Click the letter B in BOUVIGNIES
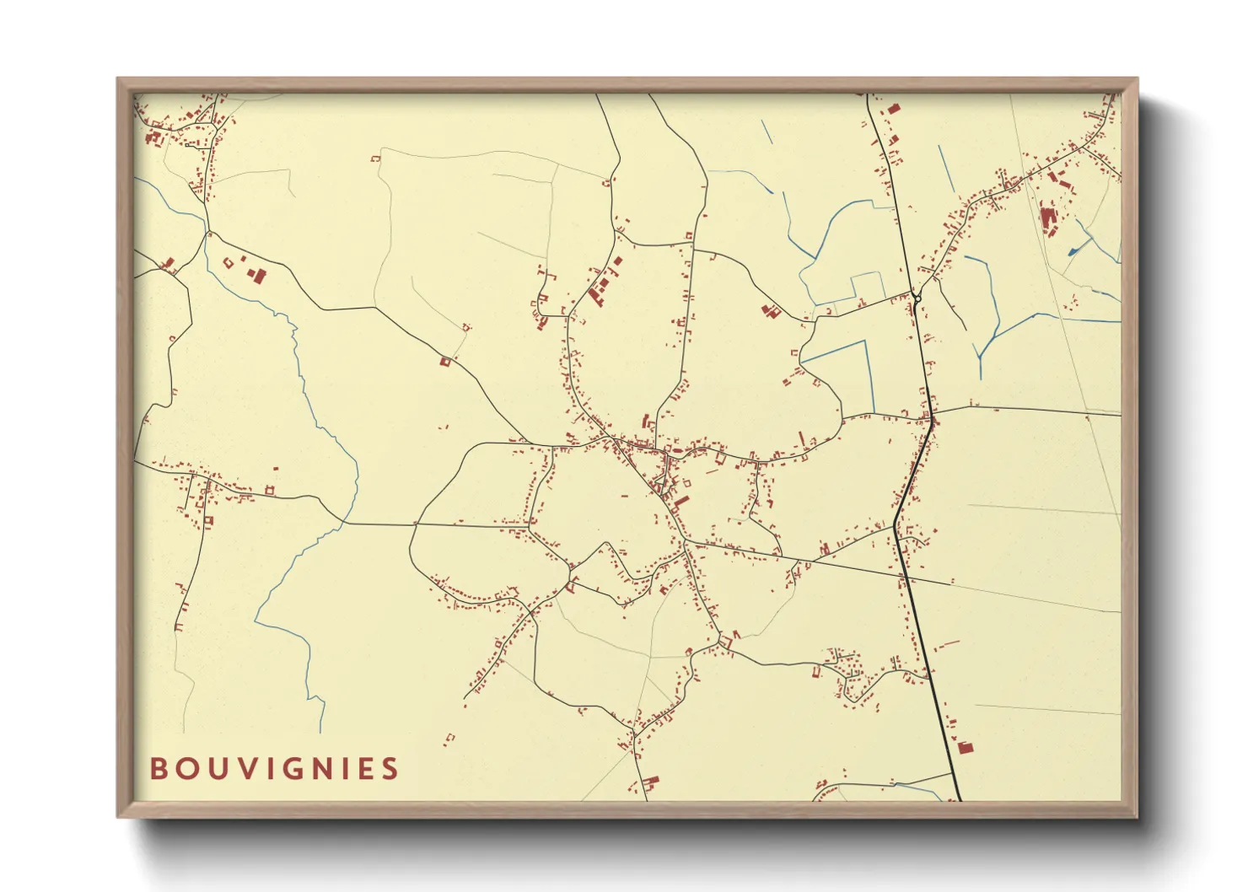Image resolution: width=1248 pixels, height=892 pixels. [x=158, y=769]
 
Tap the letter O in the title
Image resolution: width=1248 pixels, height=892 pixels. [x=187, y=769]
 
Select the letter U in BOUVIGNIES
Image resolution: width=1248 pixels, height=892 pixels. [x=219, y=769]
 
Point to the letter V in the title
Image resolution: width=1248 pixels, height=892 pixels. [x=250, y=769]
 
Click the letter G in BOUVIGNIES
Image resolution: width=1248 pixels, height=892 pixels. [x=300, y=769]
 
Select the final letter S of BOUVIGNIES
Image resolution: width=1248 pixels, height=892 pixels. [x=390, y=769]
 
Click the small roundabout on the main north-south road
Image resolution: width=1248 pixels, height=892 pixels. [x=917, y=297]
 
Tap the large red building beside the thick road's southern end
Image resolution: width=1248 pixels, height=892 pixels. [x=964, y=747]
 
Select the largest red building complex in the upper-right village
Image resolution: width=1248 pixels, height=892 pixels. [x=1048, y=221]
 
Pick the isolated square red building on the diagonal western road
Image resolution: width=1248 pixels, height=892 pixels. [x=445, y=362]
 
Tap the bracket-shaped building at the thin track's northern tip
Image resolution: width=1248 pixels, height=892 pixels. [x=376, y=158]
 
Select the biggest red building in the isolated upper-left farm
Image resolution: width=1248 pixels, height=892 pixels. [x=256, y=275]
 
